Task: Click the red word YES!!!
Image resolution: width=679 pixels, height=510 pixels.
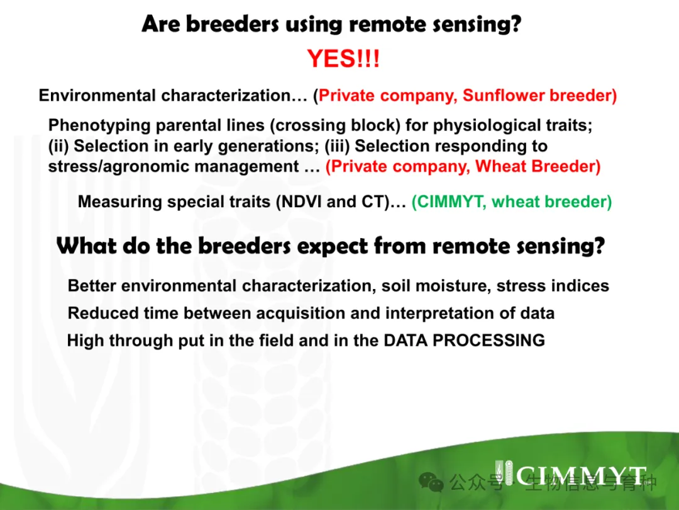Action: pos(343,59)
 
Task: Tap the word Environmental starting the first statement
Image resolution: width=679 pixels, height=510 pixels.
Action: pos(97,96)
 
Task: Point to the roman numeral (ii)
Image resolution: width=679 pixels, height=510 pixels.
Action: pos(58,146)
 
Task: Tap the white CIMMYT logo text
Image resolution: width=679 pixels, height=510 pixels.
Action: pos(581,476)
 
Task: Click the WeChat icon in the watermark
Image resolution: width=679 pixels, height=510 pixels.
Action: pos(431,482)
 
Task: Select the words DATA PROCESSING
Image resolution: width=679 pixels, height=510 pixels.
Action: pos(464,341)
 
